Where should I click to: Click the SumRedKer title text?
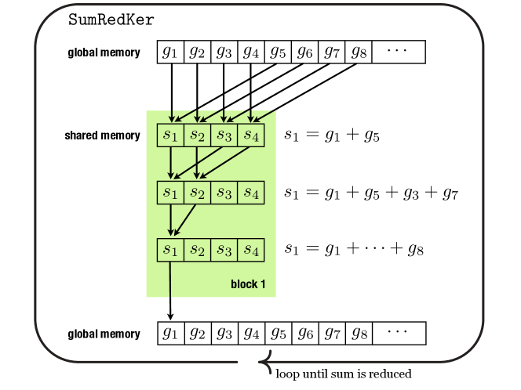[111, 20]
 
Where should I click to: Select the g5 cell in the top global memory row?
[278, 52]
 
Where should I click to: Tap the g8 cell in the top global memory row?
[359, 52]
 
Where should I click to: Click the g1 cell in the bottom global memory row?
[171, 334]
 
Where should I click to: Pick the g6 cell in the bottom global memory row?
[305, 334]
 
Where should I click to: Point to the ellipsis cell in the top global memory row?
[399, 52]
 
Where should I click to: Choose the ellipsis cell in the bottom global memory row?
[399, 334]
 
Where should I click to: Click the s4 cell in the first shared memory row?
[251, 135]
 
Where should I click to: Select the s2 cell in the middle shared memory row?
[197, 193]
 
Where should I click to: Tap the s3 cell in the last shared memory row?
[224, 250]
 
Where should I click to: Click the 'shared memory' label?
[102, 135]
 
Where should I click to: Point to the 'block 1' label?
[248, 284]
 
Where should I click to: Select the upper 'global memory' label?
[104, 52]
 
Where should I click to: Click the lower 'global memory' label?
[104, 334]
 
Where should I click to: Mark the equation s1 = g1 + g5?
[332, 135]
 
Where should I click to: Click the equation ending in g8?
[354, 249]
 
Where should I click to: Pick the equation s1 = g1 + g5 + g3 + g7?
[371, 193]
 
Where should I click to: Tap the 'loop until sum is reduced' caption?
[344, 374]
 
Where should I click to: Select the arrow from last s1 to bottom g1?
[170, 291]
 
